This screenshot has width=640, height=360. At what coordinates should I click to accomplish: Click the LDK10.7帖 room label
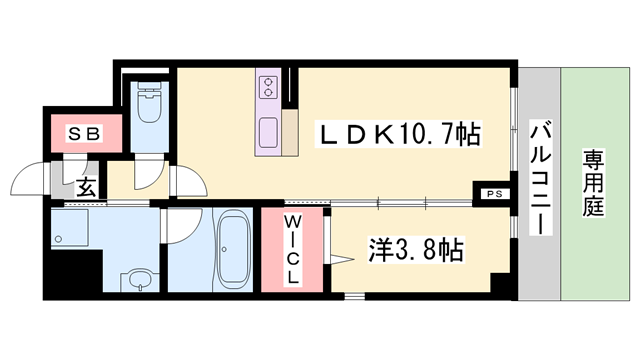pyautogui.click(x=399, y=133)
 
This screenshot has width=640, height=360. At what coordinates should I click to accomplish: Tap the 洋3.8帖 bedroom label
pyautogui.click(x=416, y=249)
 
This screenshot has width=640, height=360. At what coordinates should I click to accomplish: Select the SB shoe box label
pyautogui.click(x=84, y=133)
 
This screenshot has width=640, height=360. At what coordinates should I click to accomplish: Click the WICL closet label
pyautogui.click(x=292, y=250)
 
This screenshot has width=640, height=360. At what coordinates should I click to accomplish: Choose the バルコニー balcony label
pyautogui.click(x=541, y=177)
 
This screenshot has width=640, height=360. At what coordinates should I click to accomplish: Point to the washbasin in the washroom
pyautogui.click(x=140, y=278)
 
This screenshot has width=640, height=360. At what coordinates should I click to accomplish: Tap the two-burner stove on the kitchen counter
pyautogui.click(x=268, y=87)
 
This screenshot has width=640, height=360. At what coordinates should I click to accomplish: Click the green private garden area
pyautogui.click(x=594, y=184)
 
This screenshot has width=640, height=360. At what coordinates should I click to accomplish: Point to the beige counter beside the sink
pyautogui.click(x=290, y=132)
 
